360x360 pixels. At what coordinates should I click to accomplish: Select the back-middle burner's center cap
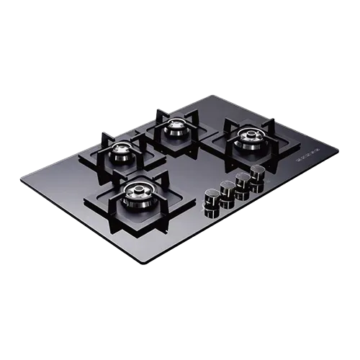click(176, 128)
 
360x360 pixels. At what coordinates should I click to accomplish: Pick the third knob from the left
click(243, 180)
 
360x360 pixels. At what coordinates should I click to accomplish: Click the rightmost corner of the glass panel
click(339, 147)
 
